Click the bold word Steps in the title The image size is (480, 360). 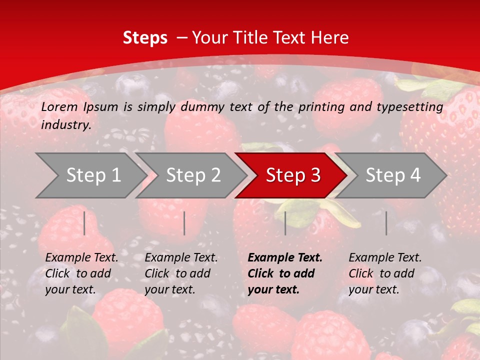tap(145, 37)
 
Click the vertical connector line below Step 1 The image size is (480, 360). tap(84, 223)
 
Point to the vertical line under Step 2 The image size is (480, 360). tap(184, 223)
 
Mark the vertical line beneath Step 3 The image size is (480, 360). tap(285, 223)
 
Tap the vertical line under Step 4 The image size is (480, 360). tap(386, 223)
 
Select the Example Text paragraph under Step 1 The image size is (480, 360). tap(81, 273)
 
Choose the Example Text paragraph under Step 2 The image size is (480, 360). tap(181, 273)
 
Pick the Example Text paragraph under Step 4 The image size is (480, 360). tap(384, 273)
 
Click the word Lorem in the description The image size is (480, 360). tap(59, 106)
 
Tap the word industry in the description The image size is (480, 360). tap(65, 125)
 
